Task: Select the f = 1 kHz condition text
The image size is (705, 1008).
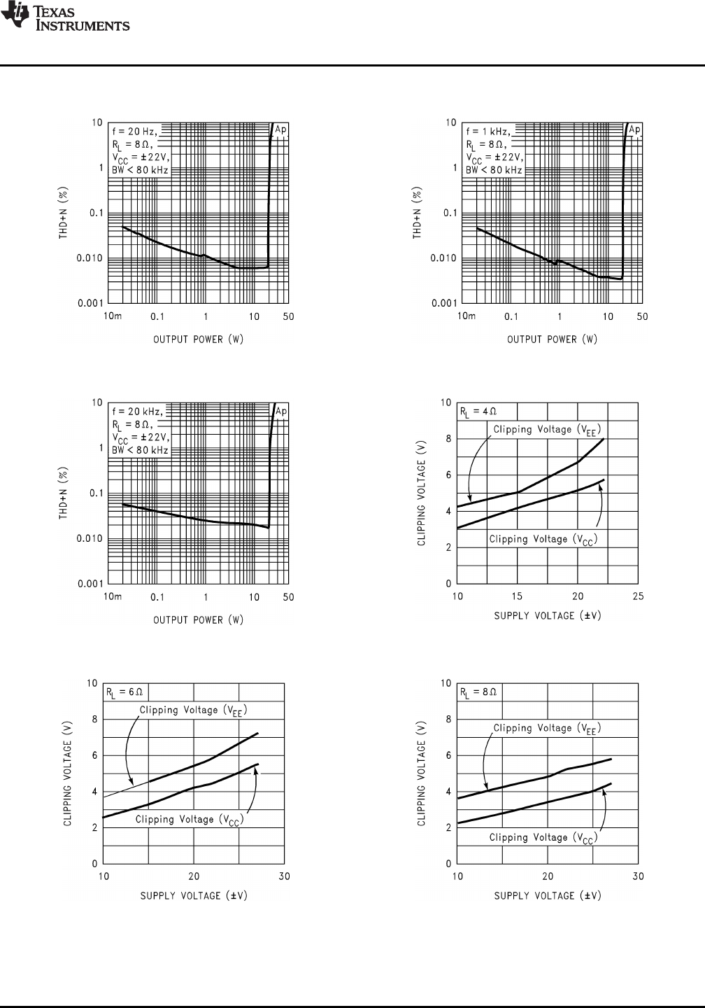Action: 488,131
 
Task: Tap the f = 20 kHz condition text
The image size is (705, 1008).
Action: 137,412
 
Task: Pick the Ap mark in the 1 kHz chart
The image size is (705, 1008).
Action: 634,129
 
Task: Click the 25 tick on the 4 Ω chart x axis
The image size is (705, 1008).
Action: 638,596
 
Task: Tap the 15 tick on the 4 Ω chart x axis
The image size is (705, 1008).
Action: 517,596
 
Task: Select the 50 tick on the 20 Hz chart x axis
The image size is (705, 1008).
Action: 288,316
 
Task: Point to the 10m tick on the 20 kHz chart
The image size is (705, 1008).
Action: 113,596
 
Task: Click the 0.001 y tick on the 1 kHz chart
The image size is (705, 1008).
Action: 443,303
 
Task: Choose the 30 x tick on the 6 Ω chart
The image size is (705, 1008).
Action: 284,876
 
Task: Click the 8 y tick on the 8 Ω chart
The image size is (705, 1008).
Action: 448,720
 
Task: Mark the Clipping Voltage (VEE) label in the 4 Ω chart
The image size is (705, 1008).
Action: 547,430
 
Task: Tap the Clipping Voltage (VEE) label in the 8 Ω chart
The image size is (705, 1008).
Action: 547,729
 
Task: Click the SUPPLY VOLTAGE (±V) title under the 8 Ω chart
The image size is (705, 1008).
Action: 548,895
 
